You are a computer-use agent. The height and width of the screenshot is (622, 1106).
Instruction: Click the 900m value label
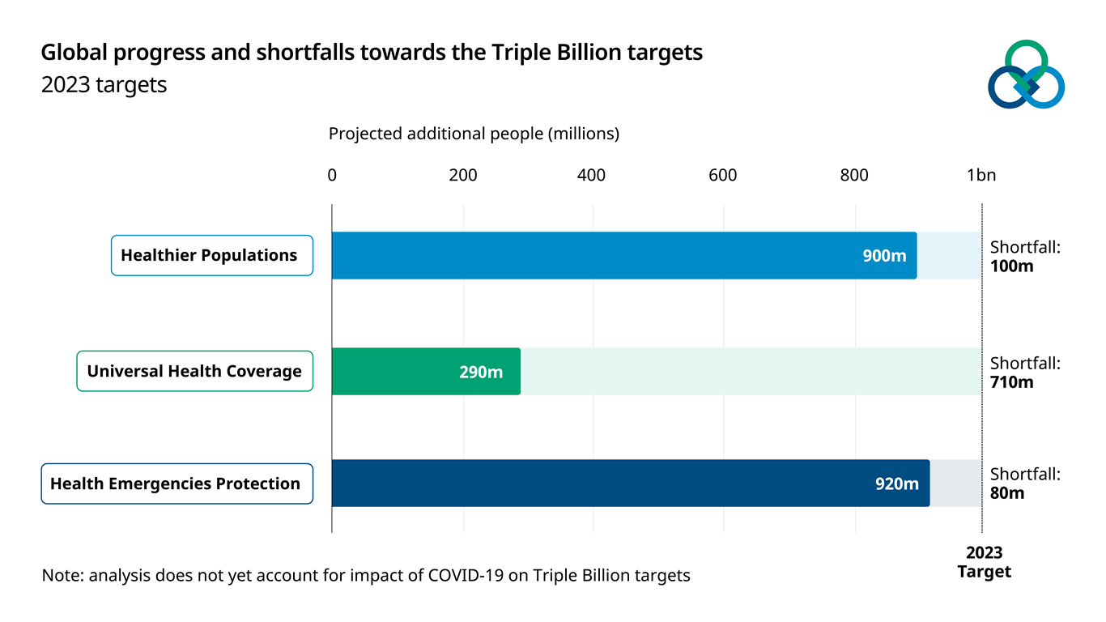pos(884,256)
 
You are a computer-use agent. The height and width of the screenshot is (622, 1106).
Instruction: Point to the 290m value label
pos(481,373)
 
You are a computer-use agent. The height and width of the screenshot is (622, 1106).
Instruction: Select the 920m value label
pos(897,484)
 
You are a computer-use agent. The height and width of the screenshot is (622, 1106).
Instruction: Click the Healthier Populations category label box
pos(211,256)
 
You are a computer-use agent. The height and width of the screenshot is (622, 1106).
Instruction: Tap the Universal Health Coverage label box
pos(194,372)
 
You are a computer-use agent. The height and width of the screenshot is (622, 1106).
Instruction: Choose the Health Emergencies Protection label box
pos(177,484)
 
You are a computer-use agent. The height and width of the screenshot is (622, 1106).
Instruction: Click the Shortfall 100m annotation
pos(1024,256)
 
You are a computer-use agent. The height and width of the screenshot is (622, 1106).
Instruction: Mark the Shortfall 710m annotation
pos(1024,373)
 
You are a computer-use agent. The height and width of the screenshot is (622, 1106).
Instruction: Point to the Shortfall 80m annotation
pos(1024,484)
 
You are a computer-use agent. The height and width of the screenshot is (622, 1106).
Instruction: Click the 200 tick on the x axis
pos(463,175)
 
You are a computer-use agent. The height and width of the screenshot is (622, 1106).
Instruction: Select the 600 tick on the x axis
pos(722,175)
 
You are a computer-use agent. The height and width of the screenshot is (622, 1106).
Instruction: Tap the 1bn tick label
pos(981,175)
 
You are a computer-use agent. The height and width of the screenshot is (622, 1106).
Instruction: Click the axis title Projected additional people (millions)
pos(474,134)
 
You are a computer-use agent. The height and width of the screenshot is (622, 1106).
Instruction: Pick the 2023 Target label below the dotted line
pos(984,562)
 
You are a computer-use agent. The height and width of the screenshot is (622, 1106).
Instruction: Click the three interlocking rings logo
pos(1026,75)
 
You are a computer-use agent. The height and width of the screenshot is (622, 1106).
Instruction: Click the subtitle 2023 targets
pos(104,85)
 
